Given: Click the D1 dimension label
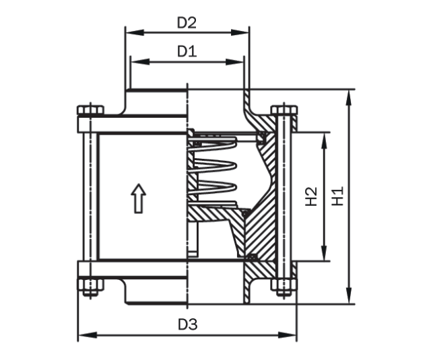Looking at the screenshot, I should pos(187,51).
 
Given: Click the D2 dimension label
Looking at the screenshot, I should pos(187,22).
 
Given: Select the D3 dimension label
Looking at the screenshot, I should pos(188,324).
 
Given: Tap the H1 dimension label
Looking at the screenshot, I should pos(339,196).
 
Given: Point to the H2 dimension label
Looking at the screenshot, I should pos(311,196).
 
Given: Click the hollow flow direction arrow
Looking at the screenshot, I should pos(137,198).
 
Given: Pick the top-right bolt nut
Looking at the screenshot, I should pos(284,112).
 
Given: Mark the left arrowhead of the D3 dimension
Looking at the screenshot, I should pos(83,334).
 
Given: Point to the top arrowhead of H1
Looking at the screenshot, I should pos(350,94).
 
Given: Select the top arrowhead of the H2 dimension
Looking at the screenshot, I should pos(326,137).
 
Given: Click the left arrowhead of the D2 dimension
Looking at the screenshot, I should pos(129,32).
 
